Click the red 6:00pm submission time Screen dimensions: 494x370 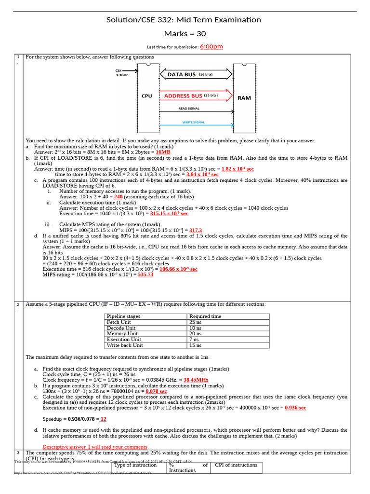point(211,47)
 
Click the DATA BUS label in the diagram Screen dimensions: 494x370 point(182,75)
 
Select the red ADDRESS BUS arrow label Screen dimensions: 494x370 point(184,96)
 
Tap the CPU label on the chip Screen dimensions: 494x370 point(147,96)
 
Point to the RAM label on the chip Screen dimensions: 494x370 point(244,98)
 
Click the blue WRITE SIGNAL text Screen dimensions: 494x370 point(193,123)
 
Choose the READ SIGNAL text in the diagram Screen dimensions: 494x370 point(189,109)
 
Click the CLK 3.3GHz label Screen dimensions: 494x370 point(122,73)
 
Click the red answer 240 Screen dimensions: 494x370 point(119,197)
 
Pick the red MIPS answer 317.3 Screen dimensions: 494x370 point(196,231)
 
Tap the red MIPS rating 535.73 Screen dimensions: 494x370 point(145,274)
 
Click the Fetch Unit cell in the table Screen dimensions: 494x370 point(119,322)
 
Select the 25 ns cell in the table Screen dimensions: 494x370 point(195,322)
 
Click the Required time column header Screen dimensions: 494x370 point(205,316)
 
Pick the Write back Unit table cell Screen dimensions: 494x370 point(125,345)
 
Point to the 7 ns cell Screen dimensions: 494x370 point(194,340)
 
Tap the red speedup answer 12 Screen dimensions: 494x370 point(103,419)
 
